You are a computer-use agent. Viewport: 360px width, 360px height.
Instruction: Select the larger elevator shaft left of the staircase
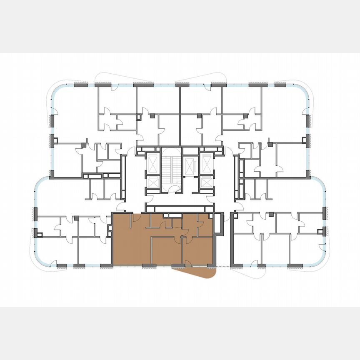[x=153, y=163]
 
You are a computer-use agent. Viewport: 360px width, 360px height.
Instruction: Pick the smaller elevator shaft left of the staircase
[x=153, y=182]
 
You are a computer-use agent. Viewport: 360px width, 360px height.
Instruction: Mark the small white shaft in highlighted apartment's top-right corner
[x=209, y=217]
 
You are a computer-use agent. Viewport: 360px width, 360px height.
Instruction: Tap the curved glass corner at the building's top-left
[x=54, y=92]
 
